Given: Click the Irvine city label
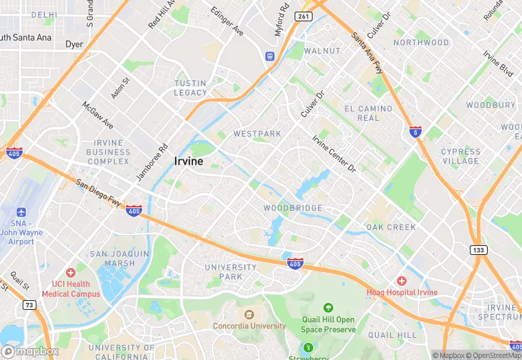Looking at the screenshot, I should tap(188, 161).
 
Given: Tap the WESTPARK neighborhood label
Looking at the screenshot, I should tap(258, 133).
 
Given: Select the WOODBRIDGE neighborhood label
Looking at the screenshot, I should tap(293, 207).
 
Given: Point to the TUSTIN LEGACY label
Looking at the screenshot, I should tap(190, 88).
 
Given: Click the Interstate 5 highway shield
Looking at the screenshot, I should tap(415, 131).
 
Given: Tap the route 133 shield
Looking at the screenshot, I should tap(478, 249).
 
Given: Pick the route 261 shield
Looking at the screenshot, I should tap(303, 16).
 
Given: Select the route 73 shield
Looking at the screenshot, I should tap(29, 305).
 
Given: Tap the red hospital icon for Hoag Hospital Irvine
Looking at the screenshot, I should tap(402, 281).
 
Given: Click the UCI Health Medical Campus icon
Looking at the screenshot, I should tap(70, 273).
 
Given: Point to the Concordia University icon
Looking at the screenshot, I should tap(239, 314).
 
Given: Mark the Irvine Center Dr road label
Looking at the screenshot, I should tap(334, 153).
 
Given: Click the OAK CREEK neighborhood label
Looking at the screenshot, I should tap(391, 227).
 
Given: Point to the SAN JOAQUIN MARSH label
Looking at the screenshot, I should tap(120, 258).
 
